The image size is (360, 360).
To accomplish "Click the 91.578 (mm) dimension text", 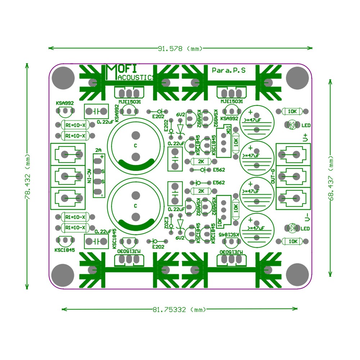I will tap(180, 48).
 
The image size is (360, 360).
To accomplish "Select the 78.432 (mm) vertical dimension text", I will tap(26, 176).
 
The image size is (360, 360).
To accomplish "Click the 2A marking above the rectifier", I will tap(98, 150).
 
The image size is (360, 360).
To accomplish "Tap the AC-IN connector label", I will tap(89, 176).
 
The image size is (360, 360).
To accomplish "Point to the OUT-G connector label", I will tap(273, 176).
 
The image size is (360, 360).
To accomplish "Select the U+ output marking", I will tap(306, 137).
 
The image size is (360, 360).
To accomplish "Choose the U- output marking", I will tap(306, 217).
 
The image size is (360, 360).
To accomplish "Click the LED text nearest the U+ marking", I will tap(306, 126).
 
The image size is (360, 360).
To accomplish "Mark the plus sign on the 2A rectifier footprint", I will tap(102, 157).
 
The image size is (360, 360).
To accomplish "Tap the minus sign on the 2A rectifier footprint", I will tap(102, 195).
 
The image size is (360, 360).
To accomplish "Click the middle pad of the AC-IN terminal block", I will tap(65, 176).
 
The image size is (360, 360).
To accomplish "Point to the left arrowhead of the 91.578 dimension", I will tap(50, 48).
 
